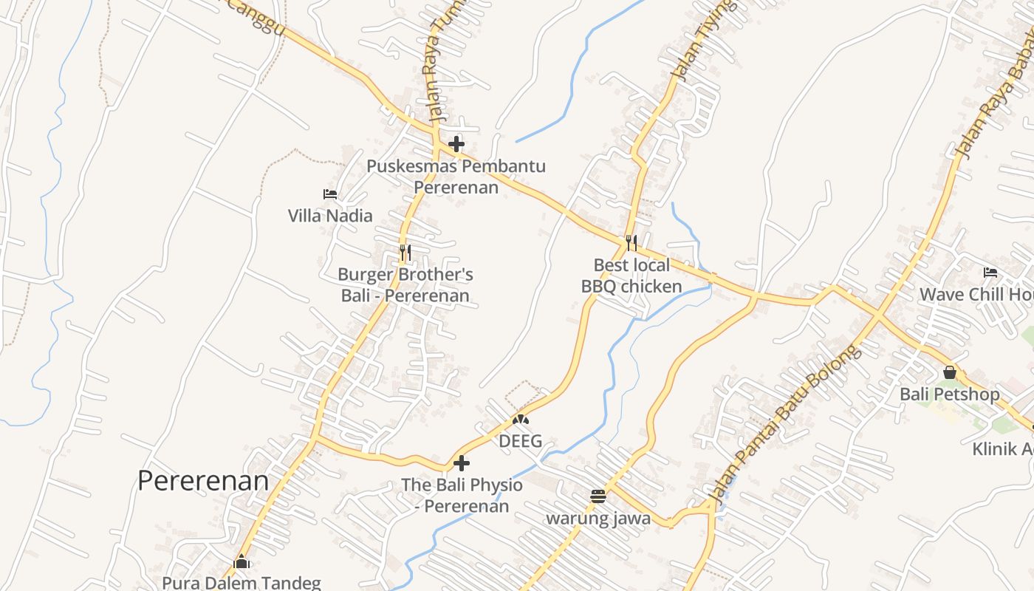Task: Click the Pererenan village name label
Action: (203, 481)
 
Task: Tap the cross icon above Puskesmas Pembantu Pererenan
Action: (456, 143)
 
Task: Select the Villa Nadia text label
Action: (330, 216)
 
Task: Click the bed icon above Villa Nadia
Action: (330, 194)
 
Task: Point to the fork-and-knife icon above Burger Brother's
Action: (405, 253)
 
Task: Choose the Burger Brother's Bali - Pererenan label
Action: (405, 285)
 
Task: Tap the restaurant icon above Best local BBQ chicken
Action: (631, 242)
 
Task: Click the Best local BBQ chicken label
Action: (631, 276)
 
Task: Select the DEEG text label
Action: (521, 442)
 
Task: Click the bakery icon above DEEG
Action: (521, 420)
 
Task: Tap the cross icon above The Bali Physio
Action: (462, 463)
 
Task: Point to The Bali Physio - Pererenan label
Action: (462, 496)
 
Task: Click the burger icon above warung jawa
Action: (598, 496)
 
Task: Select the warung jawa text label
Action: (598, 519)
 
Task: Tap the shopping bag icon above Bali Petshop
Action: (950, 372)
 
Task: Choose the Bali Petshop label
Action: (950, 394)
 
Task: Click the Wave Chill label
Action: (975, 295)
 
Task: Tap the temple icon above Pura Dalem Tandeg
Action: (242, 562)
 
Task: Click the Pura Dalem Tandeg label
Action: (242, 583)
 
